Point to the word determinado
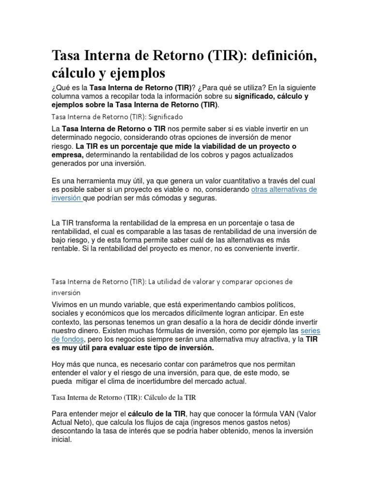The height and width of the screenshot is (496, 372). click(x=73, y=137)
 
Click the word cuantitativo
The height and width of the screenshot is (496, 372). click(x=244, y=181)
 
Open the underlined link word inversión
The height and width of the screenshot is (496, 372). click(x=66, y=198)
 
